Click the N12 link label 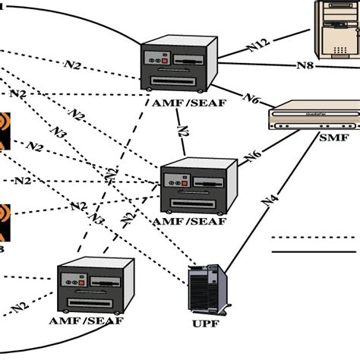coord(259,48)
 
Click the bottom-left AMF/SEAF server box coord(95,286)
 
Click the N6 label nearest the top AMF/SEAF coord(253,98)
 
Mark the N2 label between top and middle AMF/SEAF coord(182,130)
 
